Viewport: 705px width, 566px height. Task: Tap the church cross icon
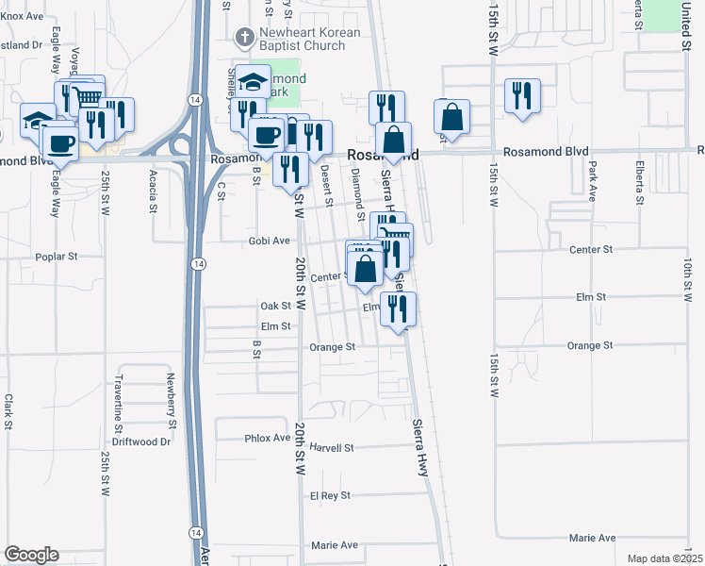click(244, 38)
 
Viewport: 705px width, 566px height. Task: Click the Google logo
click(31, 555)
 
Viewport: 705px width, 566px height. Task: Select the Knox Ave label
click(23, 16)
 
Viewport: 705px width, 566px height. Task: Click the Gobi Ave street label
click(269, 241)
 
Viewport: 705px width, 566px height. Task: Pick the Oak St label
click(275, 306)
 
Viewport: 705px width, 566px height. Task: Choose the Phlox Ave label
click(268, 438)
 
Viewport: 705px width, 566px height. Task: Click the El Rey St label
click(330, 495)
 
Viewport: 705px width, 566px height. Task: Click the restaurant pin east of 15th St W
click(520, 96)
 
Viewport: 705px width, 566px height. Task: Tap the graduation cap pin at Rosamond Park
click(253, 81)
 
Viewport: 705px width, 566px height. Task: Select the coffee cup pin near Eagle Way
click(61, 144)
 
